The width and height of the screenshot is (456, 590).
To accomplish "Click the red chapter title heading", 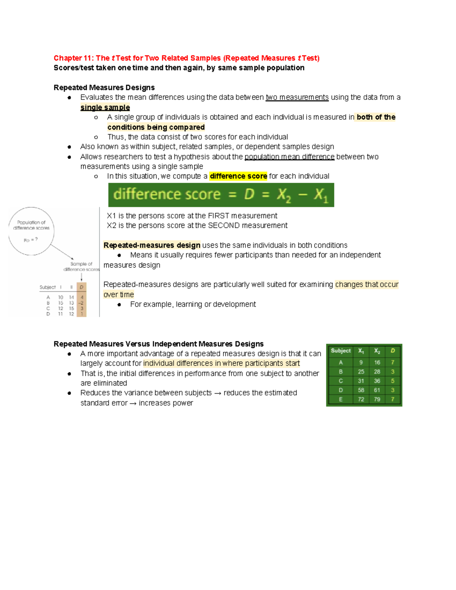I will click(186, 58).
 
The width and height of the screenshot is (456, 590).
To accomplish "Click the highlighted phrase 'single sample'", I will click(105, 108).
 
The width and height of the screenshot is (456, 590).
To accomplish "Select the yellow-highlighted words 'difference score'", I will click(238, 176).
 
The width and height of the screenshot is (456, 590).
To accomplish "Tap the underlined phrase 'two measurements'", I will click(297, 98).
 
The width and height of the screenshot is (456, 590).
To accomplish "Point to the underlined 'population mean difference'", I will click(289, 157).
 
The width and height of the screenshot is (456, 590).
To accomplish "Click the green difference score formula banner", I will click(221, 195).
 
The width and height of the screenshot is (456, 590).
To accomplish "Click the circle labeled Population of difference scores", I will click(31, 231).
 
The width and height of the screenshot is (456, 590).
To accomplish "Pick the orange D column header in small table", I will click(81, 287).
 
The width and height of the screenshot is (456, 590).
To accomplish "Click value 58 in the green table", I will click(361, 390).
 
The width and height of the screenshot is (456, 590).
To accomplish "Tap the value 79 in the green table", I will click(377, 399).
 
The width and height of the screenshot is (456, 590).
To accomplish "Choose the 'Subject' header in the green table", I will click(340, 351).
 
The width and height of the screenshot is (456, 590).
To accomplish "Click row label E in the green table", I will click(340, 399).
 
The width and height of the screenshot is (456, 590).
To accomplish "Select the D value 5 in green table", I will click(393, 381).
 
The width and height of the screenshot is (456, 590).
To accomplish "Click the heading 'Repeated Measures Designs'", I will click(104, 88).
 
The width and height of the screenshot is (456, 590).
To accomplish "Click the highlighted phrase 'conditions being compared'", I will click(156, 127).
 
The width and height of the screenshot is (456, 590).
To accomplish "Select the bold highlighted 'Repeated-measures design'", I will click(152, 245).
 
